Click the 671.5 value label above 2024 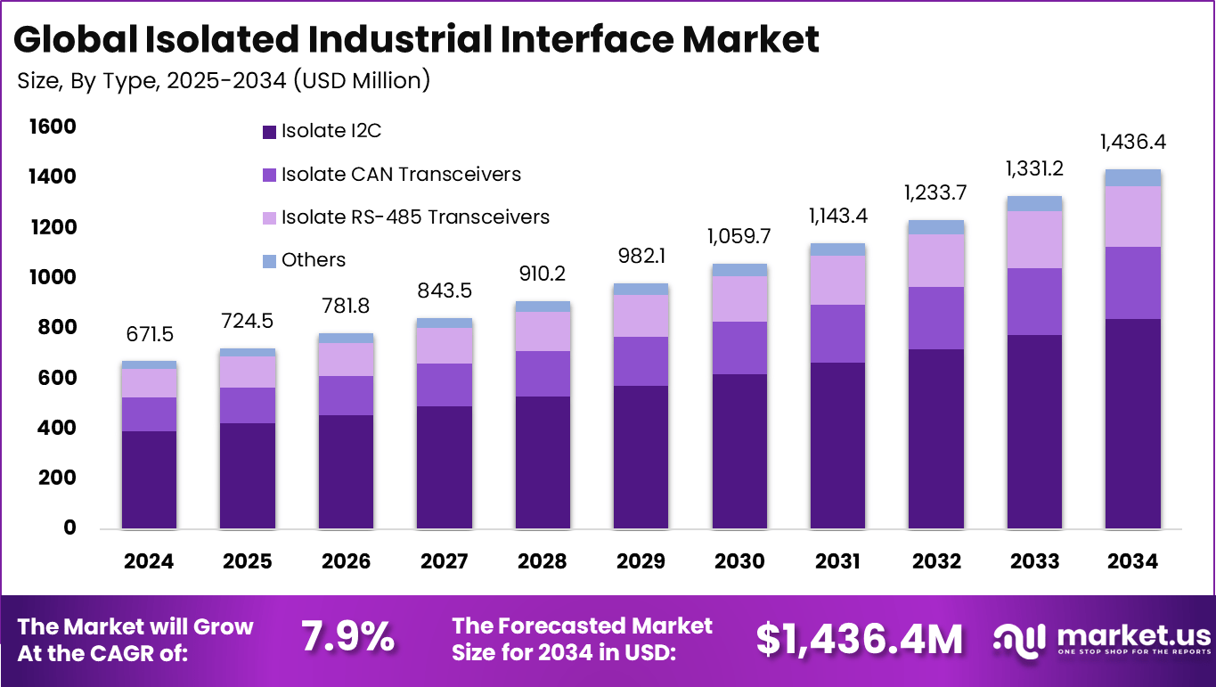click(149, 335)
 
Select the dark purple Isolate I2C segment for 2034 click(1133, 423)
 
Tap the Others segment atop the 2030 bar click(739, 270)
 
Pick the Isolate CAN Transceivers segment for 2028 click(543, 373)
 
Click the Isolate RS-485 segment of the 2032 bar click(936, 260)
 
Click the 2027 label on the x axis click(445, 561)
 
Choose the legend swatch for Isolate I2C click(269, 132)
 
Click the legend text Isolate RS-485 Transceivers click(415, 217)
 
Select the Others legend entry click(313, 260)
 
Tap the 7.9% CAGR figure click(347, 638)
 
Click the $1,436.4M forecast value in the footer click(860, 639)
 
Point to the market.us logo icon click(1021, 638)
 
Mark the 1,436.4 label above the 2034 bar click(1133, 142)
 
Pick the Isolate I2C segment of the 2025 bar click(248, 476)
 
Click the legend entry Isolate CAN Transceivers click(401, 174)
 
